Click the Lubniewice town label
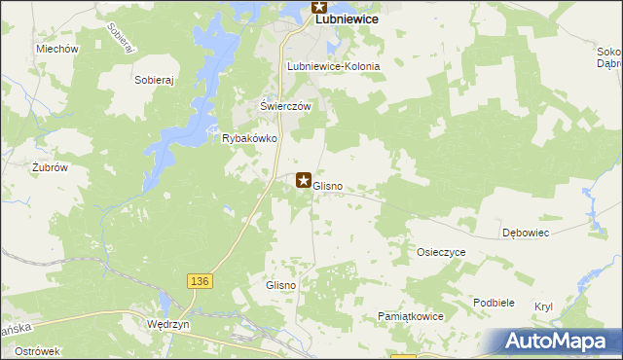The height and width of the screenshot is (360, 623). tap(345, 18)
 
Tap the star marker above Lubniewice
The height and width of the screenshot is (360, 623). tap(319, 6)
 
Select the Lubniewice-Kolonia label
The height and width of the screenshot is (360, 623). tap(333, 66)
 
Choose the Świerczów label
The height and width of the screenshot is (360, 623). tap(284, 106)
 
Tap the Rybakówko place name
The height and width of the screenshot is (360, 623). tap(251, 139)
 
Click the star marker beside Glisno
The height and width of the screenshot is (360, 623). tap(304, 180)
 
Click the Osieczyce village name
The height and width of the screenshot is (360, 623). tap(441, 252)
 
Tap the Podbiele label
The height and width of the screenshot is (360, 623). tap(494, 303)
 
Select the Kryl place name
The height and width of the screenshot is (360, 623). tap(543, 306)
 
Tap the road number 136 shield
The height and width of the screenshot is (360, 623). tap(199, 281)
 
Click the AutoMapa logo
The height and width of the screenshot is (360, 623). tap(558, 341)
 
